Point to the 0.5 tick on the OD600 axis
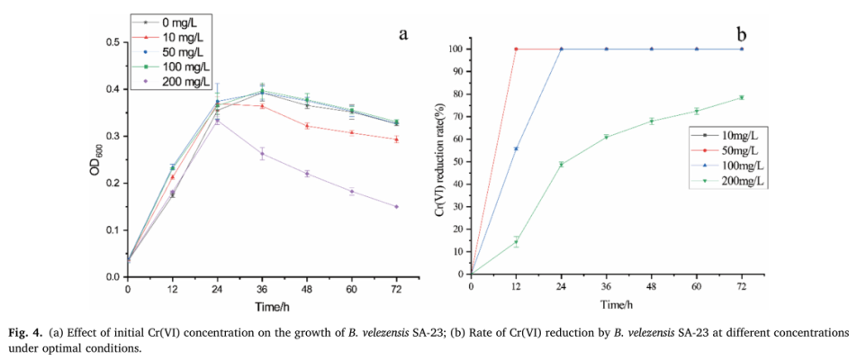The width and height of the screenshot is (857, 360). click(x=115, y=42)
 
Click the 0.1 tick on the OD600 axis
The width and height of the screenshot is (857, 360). click(x=115, y=230)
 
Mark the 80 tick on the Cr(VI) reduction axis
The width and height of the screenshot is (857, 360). click(x=461, y=94)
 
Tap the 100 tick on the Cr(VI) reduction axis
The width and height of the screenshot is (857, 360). click(x=459, y=49)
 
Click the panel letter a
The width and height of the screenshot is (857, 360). click(x=404, y=34)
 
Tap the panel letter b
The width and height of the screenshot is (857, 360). click(x=742, y=34)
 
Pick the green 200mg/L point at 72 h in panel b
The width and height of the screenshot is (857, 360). click(x=741, y=97)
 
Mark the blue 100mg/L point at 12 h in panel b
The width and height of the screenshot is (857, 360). click(x=516, y=148)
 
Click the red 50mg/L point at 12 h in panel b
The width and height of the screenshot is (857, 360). click(x=516, y=49)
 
